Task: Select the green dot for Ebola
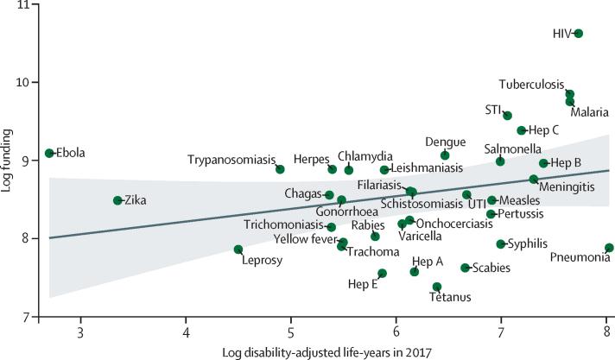pos(50,153)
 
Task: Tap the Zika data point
pos(117,200)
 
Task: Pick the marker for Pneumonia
pos(609,248)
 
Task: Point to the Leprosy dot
pos(238,249)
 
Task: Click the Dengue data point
pos(445,155)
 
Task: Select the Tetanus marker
pos(437,287)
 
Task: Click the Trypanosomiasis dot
pos(280,169)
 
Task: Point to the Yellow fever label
pos(304,238)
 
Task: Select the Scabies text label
pos(491,268)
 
